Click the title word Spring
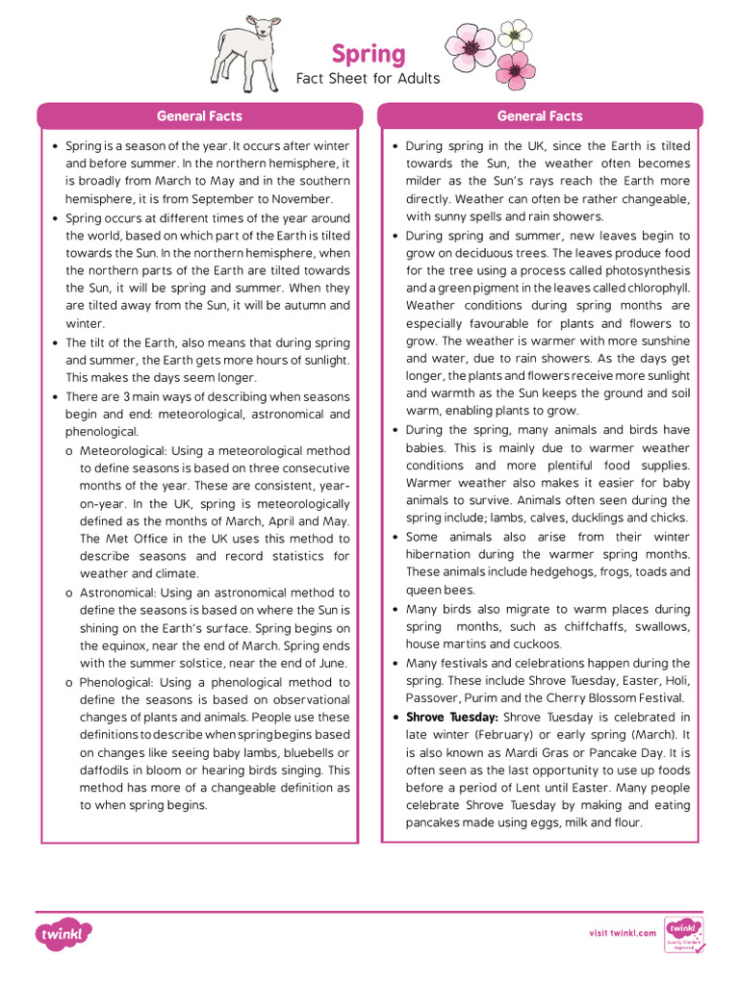[x=369, y=54]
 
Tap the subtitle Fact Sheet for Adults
[x=369, y=79]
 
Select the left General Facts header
[x=199, y=116]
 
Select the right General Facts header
[x=540, y=116]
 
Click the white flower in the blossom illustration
[x=516, y=35]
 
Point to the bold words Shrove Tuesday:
[x=452, y=718]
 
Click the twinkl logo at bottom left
[x=64, y=933]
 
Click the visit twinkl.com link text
[x=623, y=932]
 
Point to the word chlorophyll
[x=656, y=289]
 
